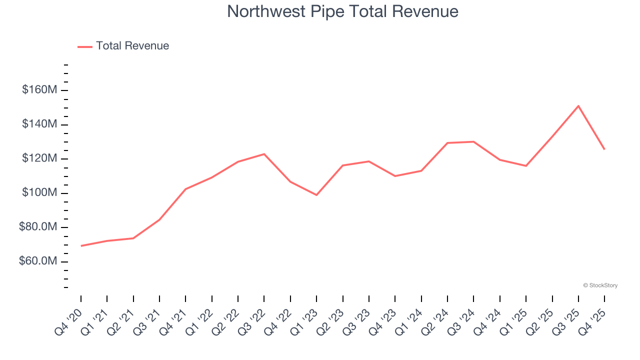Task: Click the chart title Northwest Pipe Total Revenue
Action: coord(342,11)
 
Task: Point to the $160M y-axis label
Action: coord(39,90)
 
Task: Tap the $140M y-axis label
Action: coord(39,124)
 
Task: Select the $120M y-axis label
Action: coord(39,159)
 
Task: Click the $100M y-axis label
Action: coord(39,193)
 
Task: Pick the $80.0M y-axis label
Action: coord(38,227)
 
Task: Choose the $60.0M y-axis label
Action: coord(38,262)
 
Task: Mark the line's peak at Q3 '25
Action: coord(578,106)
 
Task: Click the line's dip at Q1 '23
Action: coord(316,195)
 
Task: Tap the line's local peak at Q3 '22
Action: coord(264,154)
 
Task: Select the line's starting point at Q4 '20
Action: coord(81,246)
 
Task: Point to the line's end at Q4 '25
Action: coord(604,149)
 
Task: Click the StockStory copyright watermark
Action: coord(600,285)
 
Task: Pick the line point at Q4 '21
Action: coord(185,189)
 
